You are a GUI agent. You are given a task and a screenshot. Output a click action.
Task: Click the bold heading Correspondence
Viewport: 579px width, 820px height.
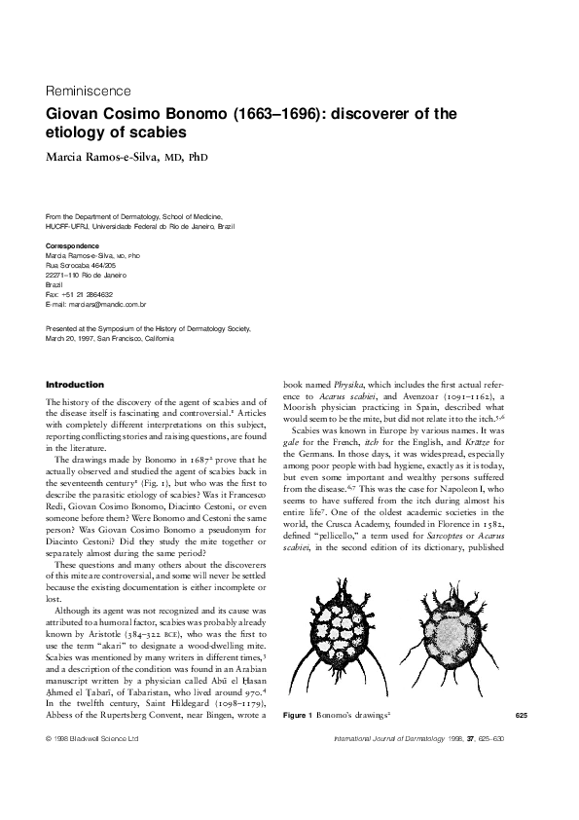click(73, 246)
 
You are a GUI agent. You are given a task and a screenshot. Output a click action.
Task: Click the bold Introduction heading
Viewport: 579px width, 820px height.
click(75, 385)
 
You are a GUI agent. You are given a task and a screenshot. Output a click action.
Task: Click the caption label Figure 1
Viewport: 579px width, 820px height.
click(297, 744)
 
